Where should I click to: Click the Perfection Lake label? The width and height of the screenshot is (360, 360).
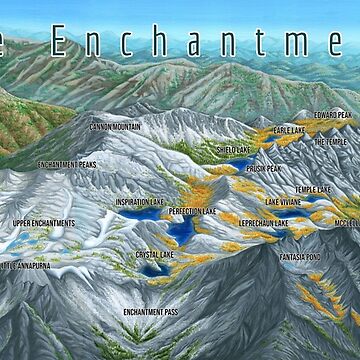pos(192,213)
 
